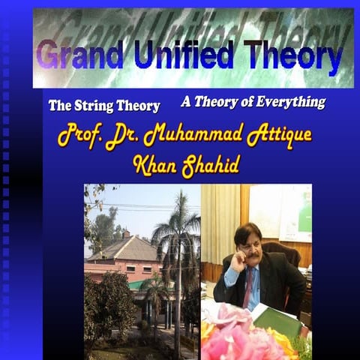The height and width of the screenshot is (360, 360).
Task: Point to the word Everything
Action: [288, 102]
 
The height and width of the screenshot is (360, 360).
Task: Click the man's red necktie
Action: [247, 288]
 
